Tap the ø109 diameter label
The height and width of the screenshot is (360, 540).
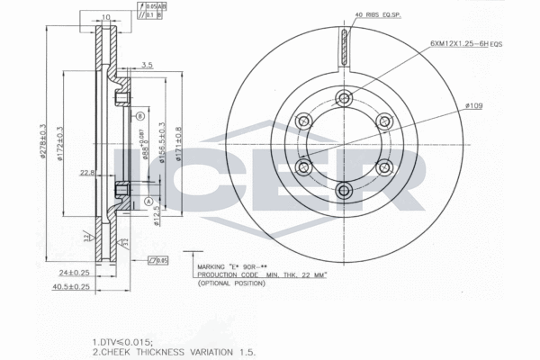click(474, 106)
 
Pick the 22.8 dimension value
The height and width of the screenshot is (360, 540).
click(87, 174)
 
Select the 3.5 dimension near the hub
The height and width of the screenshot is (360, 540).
click(147, 65)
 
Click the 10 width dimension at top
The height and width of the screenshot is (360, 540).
click(105, 17)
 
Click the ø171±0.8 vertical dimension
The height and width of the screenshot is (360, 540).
click(179, 144)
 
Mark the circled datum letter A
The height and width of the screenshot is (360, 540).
click(146, 202)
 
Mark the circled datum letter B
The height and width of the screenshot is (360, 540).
click(140, 117)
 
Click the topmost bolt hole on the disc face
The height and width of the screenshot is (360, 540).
click(346, 99)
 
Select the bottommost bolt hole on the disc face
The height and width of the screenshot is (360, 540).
click(346, 190)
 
